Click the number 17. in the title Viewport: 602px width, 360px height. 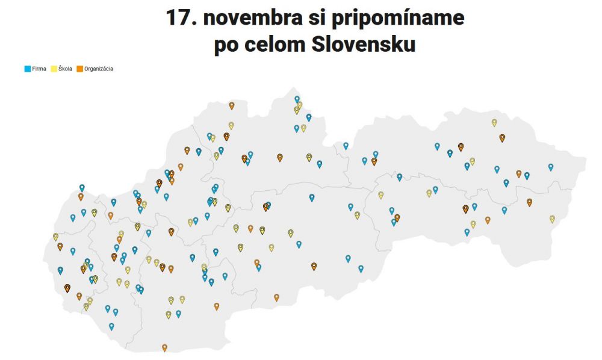181,18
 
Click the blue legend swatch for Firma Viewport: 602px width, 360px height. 27,69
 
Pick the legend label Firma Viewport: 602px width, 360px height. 39,69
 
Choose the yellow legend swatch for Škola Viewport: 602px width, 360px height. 54,69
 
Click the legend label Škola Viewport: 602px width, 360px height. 66,69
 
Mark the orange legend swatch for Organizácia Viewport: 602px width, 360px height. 79,69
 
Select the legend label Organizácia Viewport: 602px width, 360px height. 99,69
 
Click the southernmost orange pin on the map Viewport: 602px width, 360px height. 164,347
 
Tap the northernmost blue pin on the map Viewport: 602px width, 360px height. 297,99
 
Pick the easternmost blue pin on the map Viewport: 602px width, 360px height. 550,167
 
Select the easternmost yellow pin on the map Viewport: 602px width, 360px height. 552,219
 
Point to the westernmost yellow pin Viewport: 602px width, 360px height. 55,237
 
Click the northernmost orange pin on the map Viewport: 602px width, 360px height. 231,105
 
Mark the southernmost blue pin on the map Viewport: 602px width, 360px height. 111,326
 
